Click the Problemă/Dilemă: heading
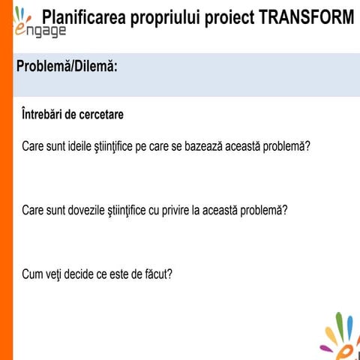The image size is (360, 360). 67,67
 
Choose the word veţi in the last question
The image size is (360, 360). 55,274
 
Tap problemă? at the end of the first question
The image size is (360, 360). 286,145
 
